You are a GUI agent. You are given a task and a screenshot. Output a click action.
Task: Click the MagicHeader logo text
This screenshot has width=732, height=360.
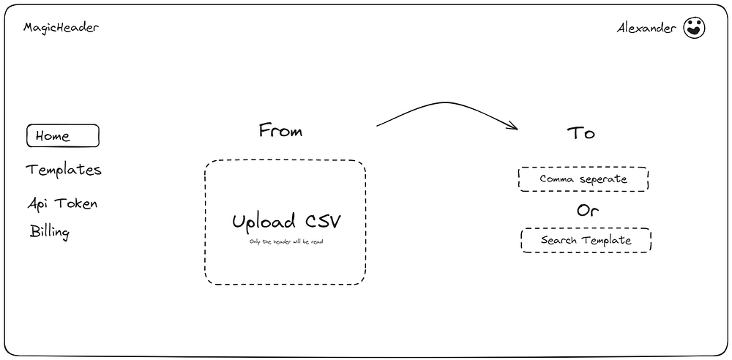[x=61, y=28]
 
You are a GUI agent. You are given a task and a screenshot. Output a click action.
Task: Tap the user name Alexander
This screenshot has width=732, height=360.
[x=646, y=29]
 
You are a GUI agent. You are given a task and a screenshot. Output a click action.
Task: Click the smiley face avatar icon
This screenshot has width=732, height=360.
[x=694, y=29]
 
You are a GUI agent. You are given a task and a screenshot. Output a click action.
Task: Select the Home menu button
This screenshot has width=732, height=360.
[x=62, y=136]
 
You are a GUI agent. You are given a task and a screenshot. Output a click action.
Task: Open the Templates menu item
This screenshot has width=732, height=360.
[x=64, y=170]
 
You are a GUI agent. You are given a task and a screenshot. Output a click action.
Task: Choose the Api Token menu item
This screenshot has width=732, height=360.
[x=62, y=203]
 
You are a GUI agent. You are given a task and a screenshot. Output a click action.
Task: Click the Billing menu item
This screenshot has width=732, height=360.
[x=50, y=233]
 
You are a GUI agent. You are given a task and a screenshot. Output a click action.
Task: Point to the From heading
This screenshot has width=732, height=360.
[x=280, y=132]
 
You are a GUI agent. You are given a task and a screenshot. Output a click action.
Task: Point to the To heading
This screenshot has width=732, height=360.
[x=580, y=133]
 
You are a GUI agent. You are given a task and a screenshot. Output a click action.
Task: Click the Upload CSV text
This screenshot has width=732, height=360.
[x=286, y=222]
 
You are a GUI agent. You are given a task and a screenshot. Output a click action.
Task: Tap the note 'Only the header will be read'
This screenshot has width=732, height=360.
[x=285, y=241]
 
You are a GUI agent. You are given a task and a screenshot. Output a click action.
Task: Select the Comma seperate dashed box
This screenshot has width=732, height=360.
[x=583, y=179]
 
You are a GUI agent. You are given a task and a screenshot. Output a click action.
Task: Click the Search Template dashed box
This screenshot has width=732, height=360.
[x=586, y=240]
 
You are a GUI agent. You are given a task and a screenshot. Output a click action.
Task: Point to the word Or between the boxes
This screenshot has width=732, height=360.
[x=587, y=211]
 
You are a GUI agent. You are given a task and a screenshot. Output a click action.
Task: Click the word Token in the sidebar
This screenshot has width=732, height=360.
[x=78, y=203]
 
